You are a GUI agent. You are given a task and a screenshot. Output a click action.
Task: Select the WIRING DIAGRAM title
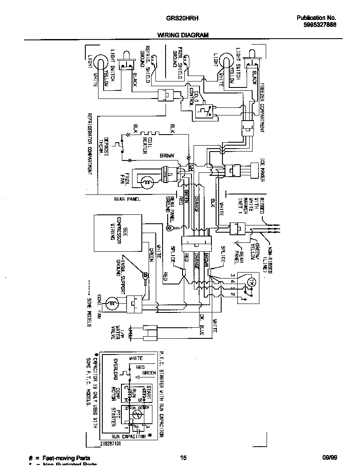pyautogui.click(x=183, y=35)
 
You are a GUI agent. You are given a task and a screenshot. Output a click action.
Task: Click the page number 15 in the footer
pyautogui.click(x=183, y=458)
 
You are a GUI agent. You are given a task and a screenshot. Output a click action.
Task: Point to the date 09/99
pyautogui.click(x=329, y=458)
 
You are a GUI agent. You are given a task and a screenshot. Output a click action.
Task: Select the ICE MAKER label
pyautogui.click(x=262, y=171)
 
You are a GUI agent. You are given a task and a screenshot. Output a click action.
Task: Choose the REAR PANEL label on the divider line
pyautogui.click(x=127, y=199)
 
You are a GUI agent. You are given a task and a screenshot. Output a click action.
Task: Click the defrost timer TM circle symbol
pyautogui.click(x=250, y=282)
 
